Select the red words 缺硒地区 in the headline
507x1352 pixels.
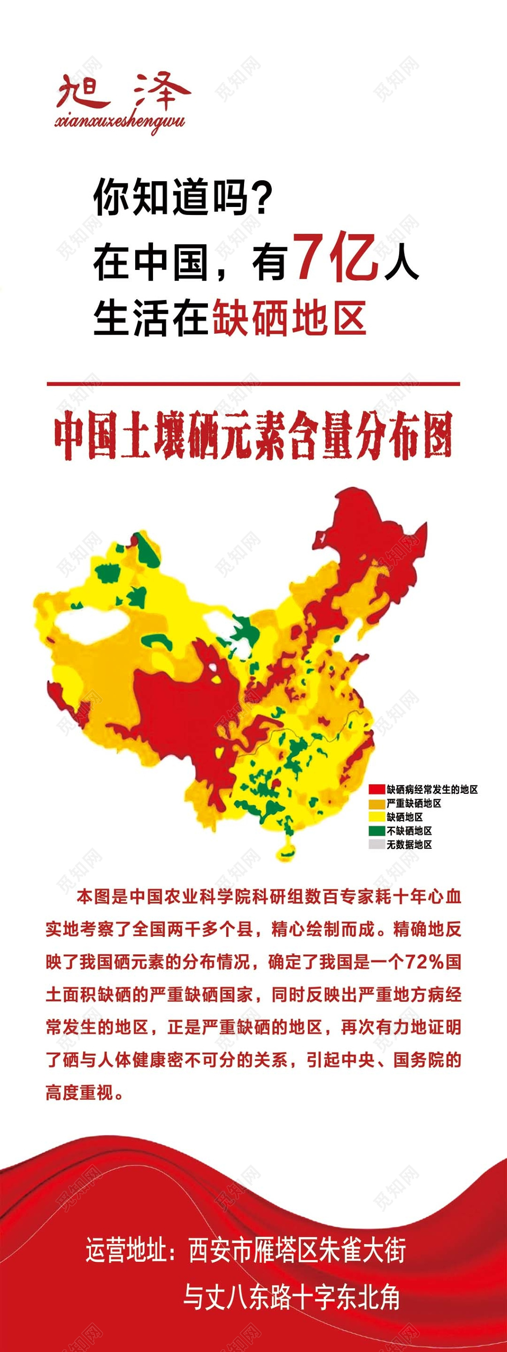click(289, 318)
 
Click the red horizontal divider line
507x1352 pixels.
click(253, 384)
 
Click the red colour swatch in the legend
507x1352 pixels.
click(376, 789)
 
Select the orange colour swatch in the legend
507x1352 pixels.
click(376, 803)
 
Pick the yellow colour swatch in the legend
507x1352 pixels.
click(376, 817)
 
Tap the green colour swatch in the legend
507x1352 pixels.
click(376, 831)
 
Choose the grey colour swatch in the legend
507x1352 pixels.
click(376, 844)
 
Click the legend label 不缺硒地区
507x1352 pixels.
click(409, 831)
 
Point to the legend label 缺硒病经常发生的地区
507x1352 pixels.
click(432, 789)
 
